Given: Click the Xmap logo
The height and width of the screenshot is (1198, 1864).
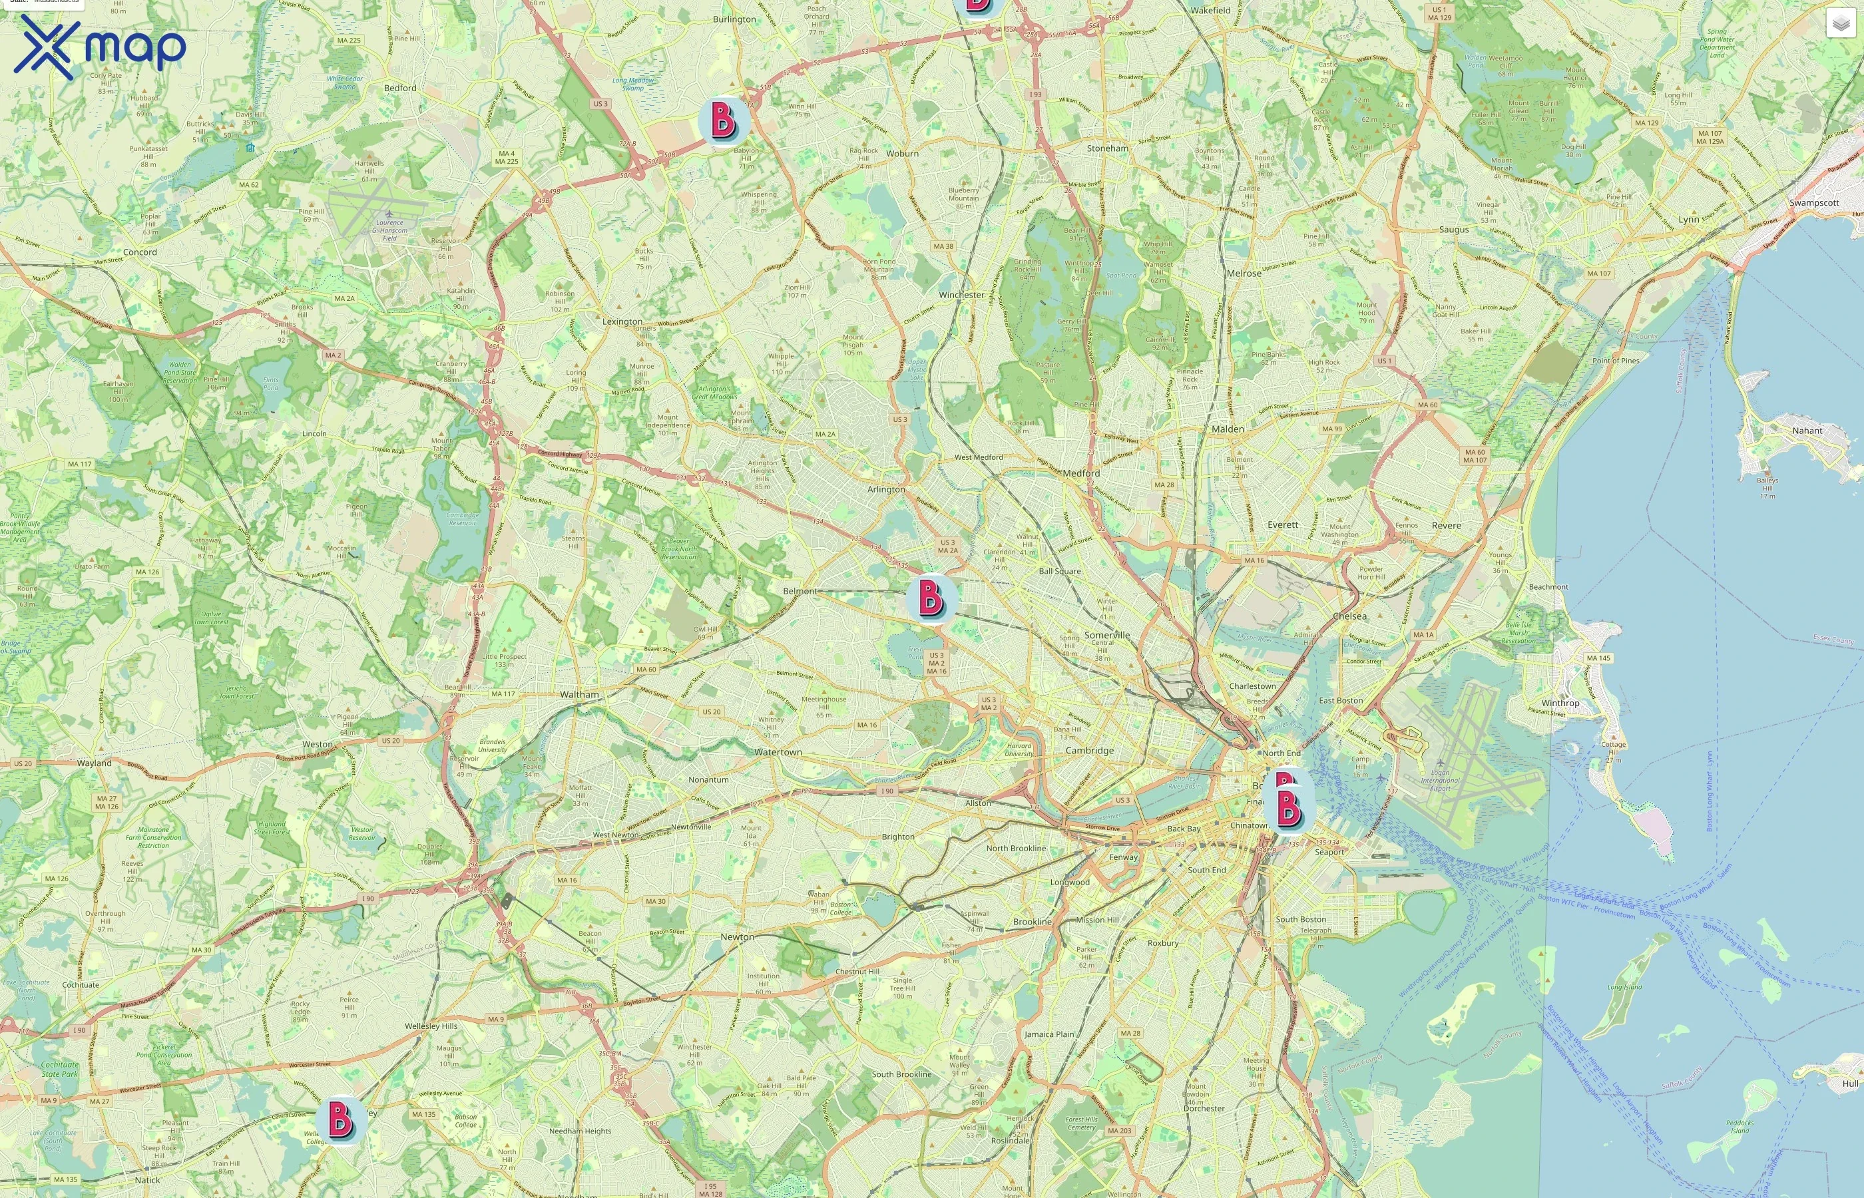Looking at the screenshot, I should (100, 47).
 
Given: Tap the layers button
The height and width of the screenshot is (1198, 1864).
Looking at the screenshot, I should (1840, 24).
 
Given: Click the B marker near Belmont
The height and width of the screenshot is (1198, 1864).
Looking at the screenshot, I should (931, 598).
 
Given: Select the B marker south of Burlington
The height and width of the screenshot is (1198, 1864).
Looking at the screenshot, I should (724, 120).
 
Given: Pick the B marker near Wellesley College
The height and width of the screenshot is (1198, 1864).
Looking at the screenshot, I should (340, 1119).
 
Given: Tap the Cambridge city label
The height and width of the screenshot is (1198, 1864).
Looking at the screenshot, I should (1089, 751).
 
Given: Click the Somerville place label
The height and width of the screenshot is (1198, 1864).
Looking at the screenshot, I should (1107, 635).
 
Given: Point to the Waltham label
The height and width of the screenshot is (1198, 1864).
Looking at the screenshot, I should (580, 695).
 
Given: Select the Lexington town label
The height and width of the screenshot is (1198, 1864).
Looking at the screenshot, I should (622, 321).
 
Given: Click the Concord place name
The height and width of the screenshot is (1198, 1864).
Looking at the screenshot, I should (140, 252).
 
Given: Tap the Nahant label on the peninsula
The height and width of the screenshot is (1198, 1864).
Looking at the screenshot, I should (1807, 430).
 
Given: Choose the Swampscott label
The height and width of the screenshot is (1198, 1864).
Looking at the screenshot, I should (1814, 203).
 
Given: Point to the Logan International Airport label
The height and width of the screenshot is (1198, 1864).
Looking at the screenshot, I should (1440, 780).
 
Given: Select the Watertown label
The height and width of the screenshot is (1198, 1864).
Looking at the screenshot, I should (778, 752).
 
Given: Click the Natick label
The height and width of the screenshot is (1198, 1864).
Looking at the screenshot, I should (147, 1180).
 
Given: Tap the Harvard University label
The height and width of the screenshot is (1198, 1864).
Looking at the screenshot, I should (1019, 750).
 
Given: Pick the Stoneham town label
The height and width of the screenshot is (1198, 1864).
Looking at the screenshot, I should (1107, 148).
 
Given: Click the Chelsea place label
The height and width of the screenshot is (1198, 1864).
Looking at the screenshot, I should (1349, 616).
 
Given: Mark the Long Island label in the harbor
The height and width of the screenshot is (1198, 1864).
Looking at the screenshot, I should (1624, 987).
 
